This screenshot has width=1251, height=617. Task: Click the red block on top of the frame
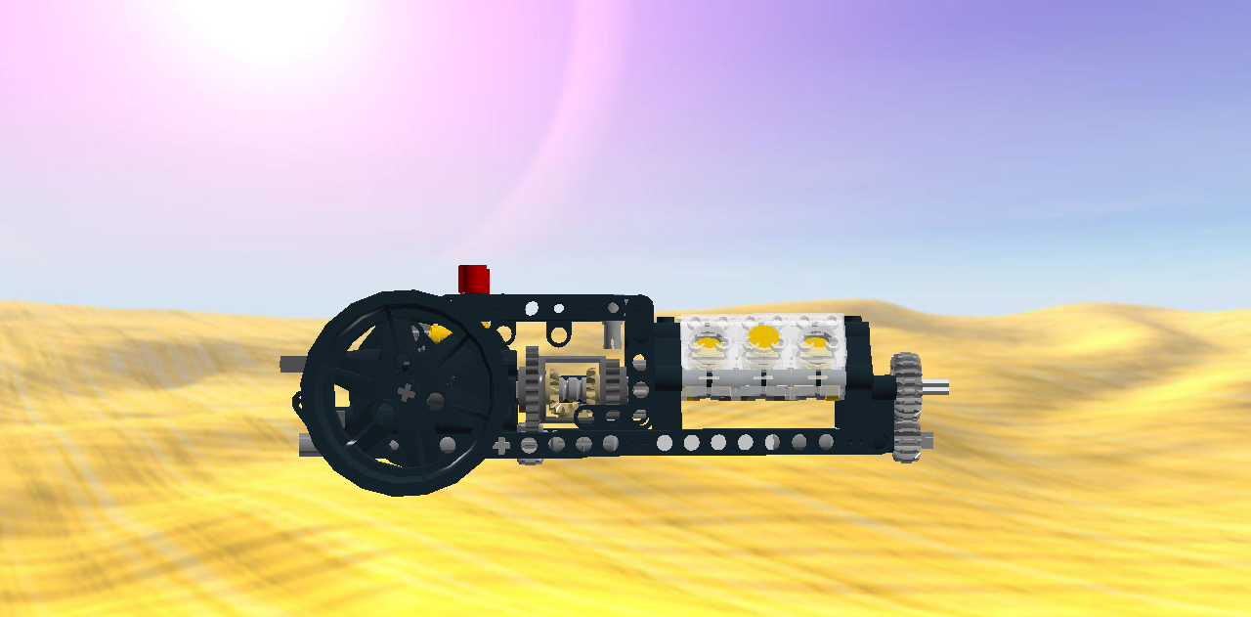point(474,279)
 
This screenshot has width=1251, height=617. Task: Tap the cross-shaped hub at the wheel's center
point(408,393)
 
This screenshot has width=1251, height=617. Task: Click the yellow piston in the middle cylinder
point(762,338)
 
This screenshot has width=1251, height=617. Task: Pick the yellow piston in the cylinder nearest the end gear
point(817,340)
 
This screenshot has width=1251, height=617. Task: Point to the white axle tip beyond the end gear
point(937,387)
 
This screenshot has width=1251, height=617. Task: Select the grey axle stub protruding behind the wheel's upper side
point(291,364)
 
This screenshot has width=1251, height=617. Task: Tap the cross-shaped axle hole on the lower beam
point(501,446)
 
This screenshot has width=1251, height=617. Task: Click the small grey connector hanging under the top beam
point(614,332)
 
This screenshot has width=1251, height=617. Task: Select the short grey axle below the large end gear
point(924,441)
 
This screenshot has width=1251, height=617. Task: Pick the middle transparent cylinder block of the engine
point(762,352)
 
